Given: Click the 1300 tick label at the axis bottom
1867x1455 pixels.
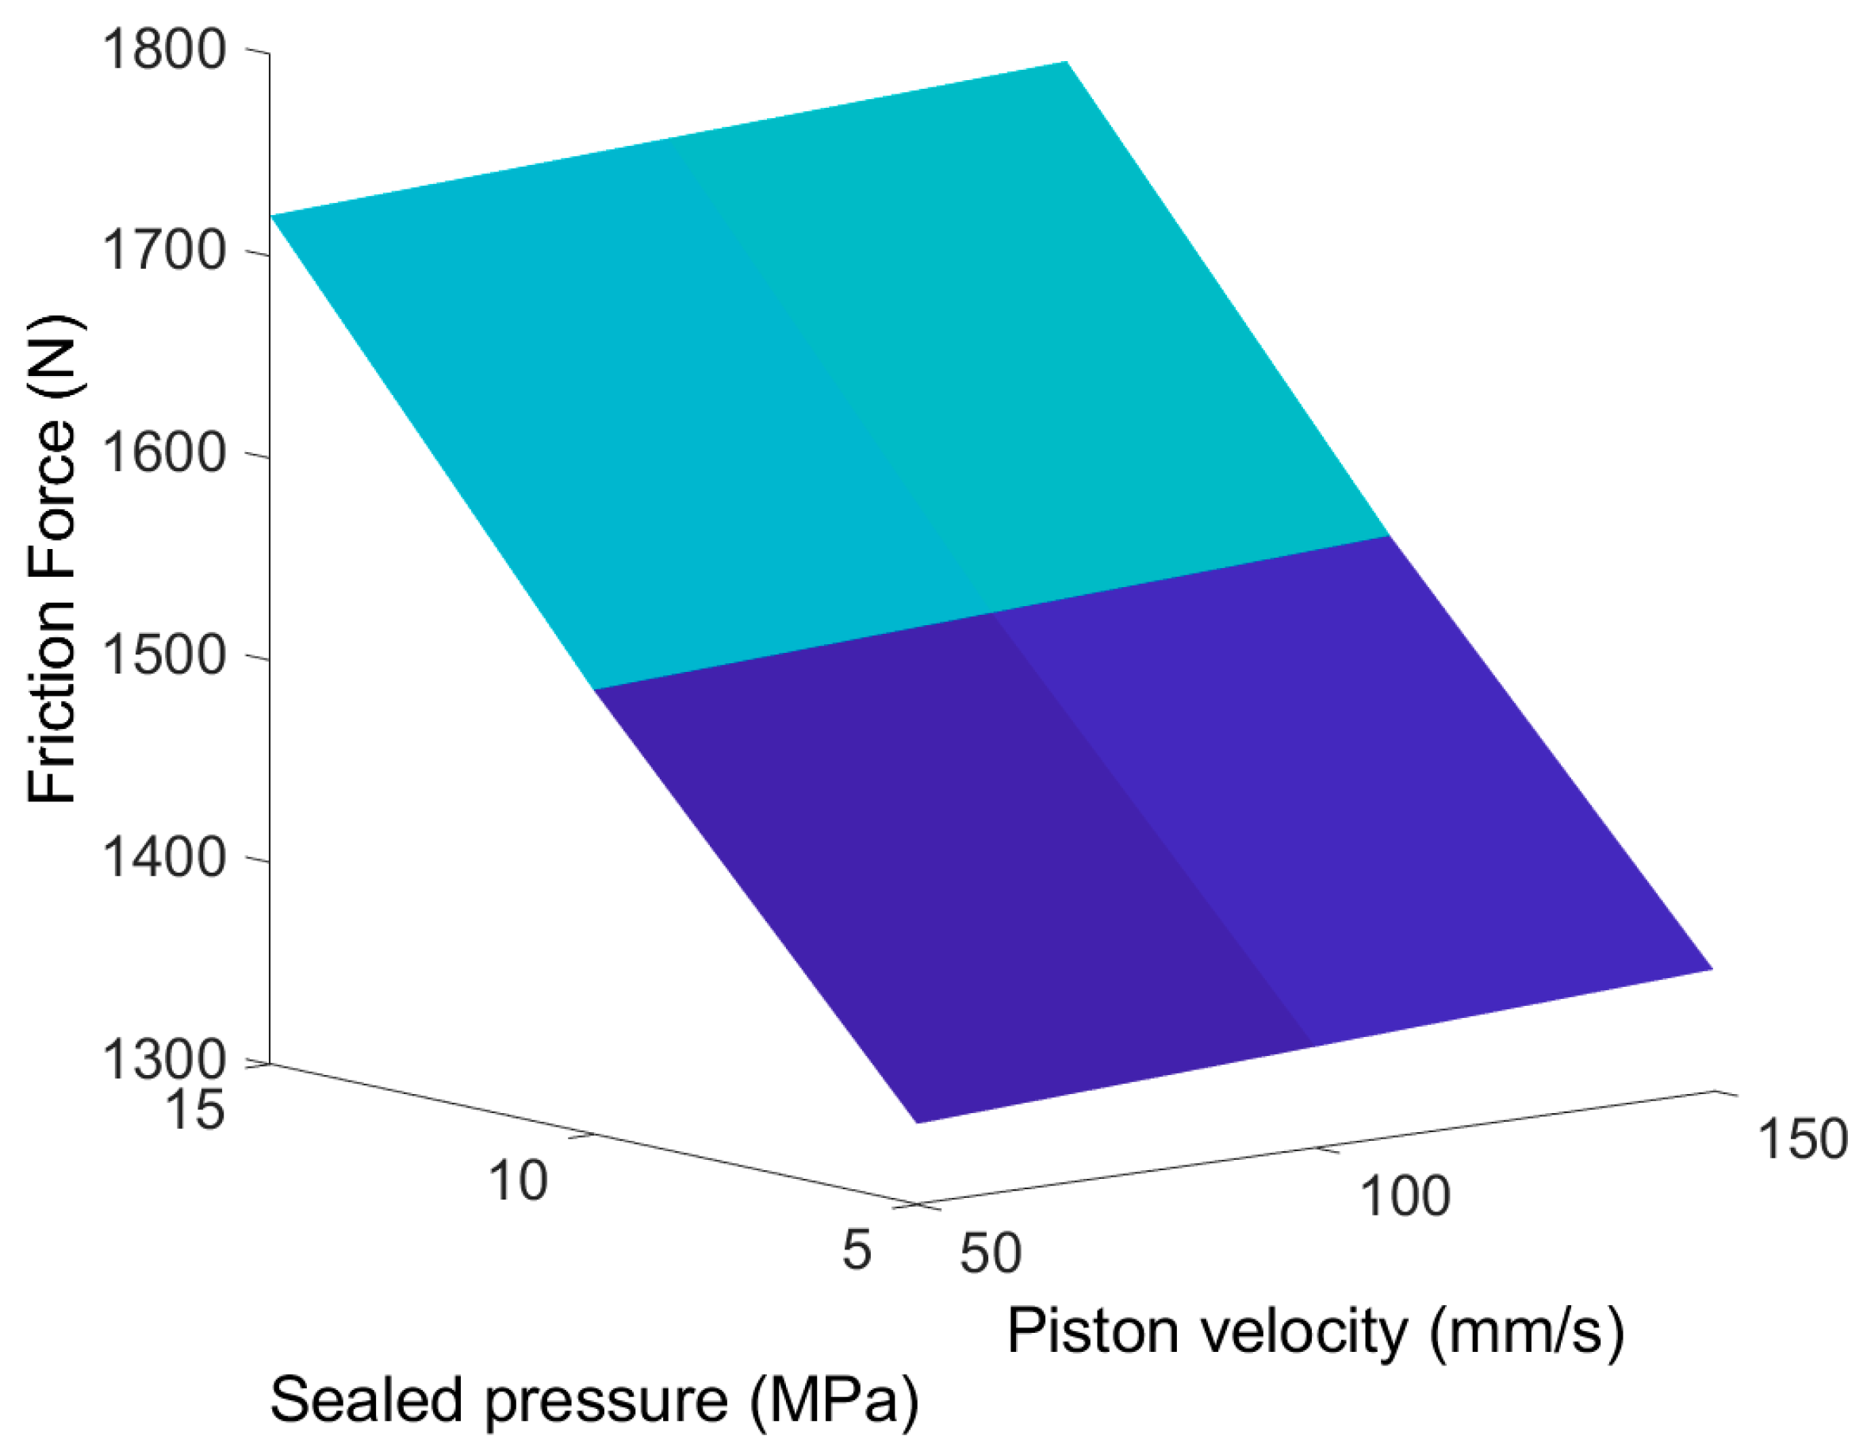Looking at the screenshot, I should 163,1059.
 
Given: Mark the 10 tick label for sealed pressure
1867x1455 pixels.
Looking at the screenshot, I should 517,1181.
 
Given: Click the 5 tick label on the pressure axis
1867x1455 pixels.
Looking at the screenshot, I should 857,1250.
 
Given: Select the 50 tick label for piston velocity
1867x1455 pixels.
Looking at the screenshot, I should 991,1253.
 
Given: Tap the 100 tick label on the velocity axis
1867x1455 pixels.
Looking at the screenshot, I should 1405,1195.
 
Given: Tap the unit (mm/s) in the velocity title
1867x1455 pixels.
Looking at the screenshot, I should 1527,1331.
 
